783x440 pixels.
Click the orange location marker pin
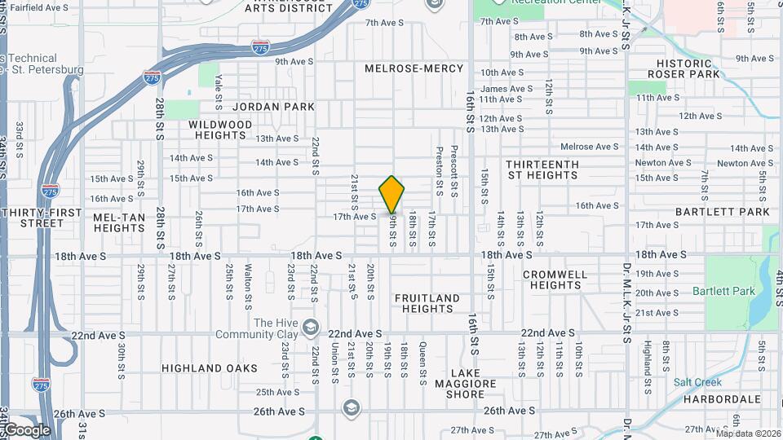[391, 194]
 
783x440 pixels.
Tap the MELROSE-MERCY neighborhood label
[414, 68]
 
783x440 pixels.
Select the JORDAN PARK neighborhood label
[273, 107]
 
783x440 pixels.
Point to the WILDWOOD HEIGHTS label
[220, 130]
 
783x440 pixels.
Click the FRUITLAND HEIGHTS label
[427, 304]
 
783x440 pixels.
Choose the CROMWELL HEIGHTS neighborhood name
[555, 279]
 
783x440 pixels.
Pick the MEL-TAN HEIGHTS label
[119, 222]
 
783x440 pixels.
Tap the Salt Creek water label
[697, 382]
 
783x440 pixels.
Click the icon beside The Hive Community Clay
[310, 328]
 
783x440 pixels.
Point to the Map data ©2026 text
[747, 433]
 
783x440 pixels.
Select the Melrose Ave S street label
[590, 147]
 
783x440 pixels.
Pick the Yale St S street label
[219, 92]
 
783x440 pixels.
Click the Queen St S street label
[423, 363]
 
